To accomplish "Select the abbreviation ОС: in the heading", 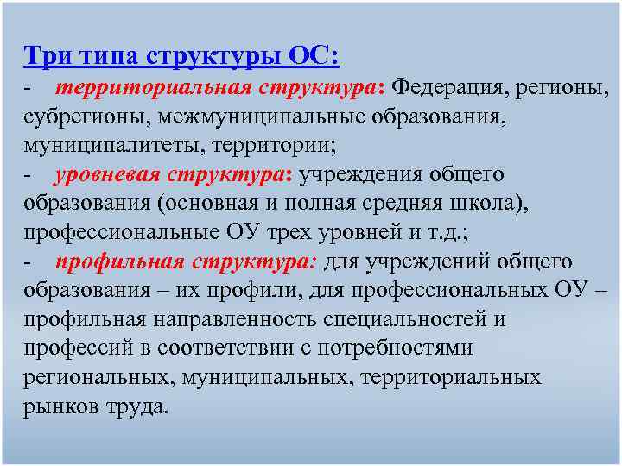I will tap(314, 56).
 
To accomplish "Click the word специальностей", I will tap(394, 319).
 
